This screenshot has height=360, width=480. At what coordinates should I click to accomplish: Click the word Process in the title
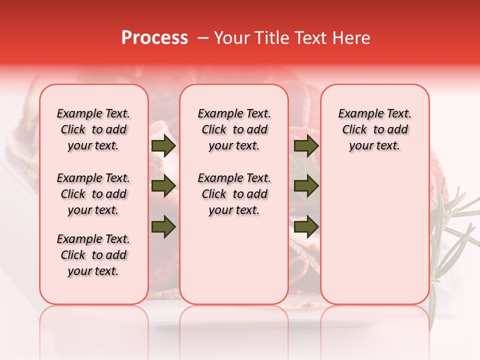pyautogui.click(x=154, y=38)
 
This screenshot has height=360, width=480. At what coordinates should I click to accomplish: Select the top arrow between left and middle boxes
pyautogui.click(x=163, y=146)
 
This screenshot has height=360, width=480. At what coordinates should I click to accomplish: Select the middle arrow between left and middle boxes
pyautogui.click(x=163, y=186)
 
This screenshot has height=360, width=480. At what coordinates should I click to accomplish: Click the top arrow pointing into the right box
pyautogui.click(x=306, y=146)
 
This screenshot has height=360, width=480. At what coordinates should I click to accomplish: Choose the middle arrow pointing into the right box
pyautogui.click(x=306, y=186)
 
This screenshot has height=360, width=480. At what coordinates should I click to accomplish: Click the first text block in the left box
pyautogui.click(x=93, y=129)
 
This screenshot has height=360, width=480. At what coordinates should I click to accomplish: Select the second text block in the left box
pyautogui.click(x=93, y=194)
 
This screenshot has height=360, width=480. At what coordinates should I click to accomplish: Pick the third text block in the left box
pyautogui.click(x=93, y=255)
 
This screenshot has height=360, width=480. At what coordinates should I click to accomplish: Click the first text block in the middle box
pyautogui.click(x=234, y=129)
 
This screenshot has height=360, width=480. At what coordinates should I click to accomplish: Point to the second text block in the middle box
pyautogui.click(x=234, y=194)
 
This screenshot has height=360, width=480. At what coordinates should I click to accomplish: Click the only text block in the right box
pyautogui.click(x=374, y=129)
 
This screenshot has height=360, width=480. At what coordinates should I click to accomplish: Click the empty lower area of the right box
pyautogui.click(x=374, y=235)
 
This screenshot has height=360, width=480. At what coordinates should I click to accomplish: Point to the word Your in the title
pyautogui.click(x=228, y=38)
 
